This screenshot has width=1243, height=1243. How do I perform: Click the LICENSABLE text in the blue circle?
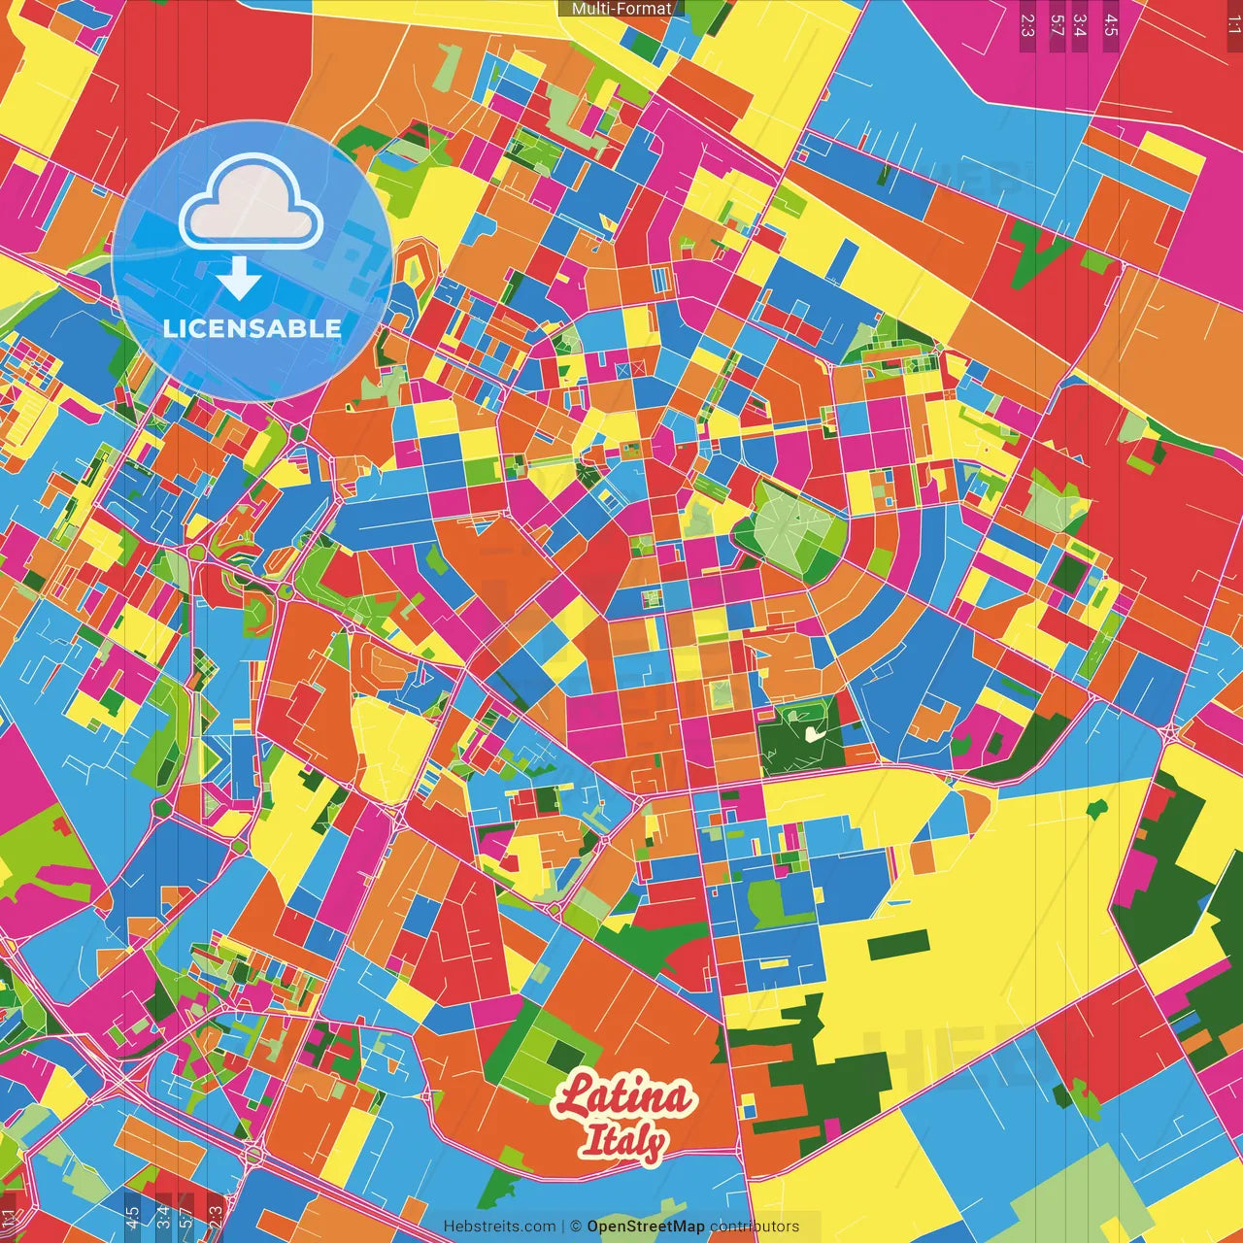(252, 328)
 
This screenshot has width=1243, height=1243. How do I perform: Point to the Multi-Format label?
(621, 9)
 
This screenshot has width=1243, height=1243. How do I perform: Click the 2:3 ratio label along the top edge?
(1026, 25)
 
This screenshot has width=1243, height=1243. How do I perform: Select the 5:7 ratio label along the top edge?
(1057, 25)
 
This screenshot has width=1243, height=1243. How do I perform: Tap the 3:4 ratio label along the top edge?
(1080, 25)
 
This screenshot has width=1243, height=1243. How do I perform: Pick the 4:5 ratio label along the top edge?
(1111, 25)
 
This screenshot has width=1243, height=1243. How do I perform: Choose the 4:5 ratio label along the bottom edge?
(132, 1218)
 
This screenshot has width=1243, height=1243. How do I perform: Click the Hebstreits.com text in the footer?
(500, 1226)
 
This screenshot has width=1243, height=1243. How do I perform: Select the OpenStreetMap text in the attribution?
(646, 1226)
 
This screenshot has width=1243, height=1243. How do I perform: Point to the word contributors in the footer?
(755, 1226)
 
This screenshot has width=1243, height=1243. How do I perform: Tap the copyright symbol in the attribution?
(576, 1226)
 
